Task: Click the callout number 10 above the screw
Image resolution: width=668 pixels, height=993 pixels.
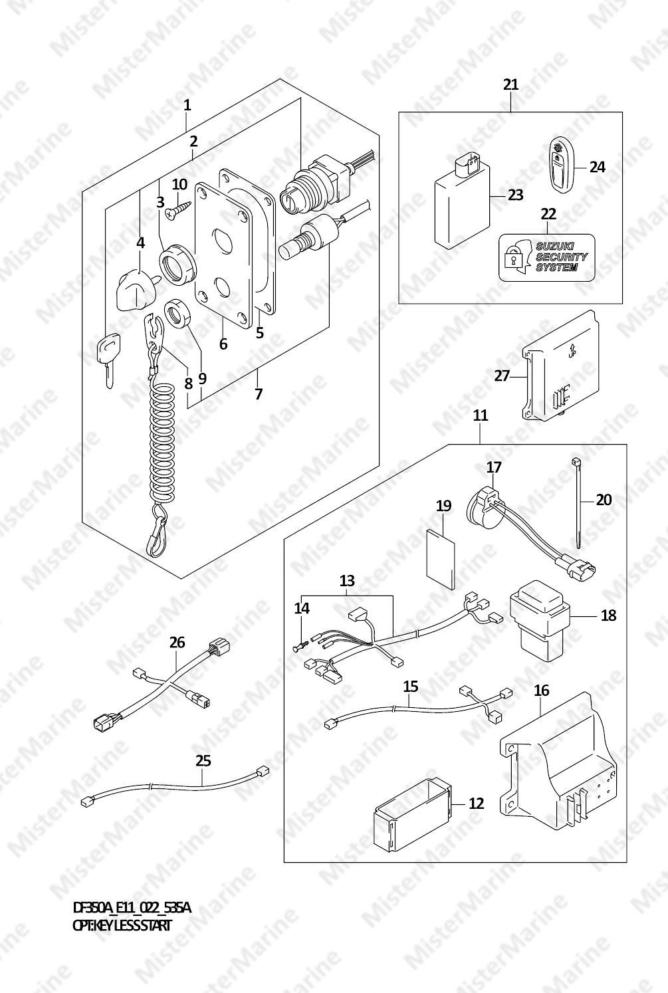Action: point(179,184)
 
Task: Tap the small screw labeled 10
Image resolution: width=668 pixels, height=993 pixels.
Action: point(177,209)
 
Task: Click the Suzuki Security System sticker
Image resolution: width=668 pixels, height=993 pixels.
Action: point(546,258)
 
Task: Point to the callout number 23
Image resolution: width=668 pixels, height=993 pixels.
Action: point(516,195)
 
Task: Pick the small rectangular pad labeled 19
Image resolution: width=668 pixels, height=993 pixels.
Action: point(441,560)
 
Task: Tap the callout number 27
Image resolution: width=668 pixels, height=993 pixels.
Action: point(502,376)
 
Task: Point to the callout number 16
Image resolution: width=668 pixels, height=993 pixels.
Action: point(542,690)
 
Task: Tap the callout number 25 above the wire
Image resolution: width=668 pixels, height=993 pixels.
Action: point(203,761)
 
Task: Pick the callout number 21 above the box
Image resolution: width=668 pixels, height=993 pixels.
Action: point(510,84)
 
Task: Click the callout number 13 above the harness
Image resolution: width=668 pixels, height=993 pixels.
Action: point(348,580)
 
